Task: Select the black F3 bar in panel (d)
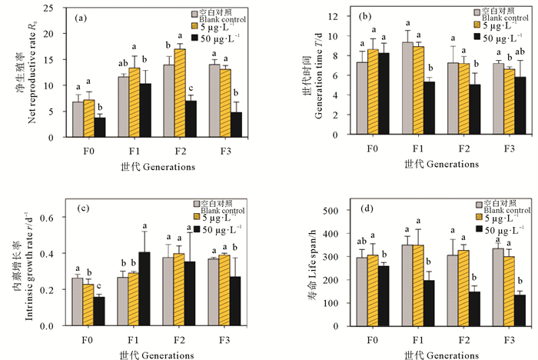(x=521, y=310)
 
